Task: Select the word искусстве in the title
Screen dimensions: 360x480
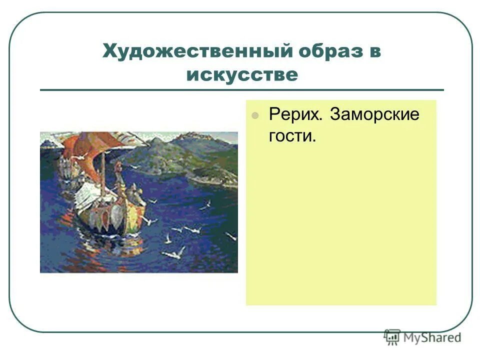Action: point(242,75)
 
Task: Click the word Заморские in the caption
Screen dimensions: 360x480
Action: point(374,114)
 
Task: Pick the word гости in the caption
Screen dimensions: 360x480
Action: point(291,135)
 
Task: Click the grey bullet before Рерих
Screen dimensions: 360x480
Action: point(255,115)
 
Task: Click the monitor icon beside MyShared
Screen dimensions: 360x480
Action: point(392,337)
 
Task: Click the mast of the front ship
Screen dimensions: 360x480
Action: point(103,175)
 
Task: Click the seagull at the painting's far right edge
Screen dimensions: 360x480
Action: point(230,235)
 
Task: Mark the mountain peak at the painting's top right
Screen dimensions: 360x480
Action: point(192,136)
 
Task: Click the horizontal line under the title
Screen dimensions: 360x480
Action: point(241,90)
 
